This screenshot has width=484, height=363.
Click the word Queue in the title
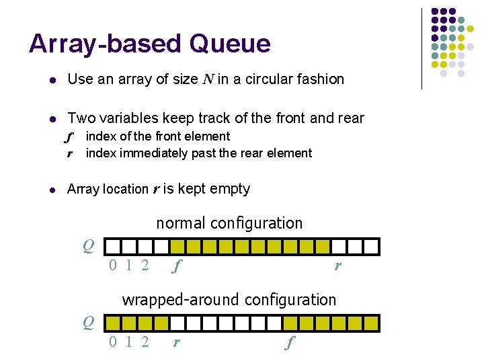point(230,44)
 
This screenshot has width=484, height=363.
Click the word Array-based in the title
point(106,44)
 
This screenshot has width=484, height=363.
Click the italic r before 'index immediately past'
point(70,153)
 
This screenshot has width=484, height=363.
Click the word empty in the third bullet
point(230,189)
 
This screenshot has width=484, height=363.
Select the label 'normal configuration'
point(229,223)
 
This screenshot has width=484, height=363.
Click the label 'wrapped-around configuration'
point(229,300)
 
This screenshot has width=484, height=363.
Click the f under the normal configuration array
point(177,267)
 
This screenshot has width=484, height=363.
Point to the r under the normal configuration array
point(337,267)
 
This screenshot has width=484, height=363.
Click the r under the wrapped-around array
point(176,343)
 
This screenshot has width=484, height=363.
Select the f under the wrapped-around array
point(290,343)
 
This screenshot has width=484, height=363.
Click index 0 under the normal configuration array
point(114,266)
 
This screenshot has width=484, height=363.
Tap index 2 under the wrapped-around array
point(145,343)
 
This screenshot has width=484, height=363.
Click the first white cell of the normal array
point(114,246)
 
